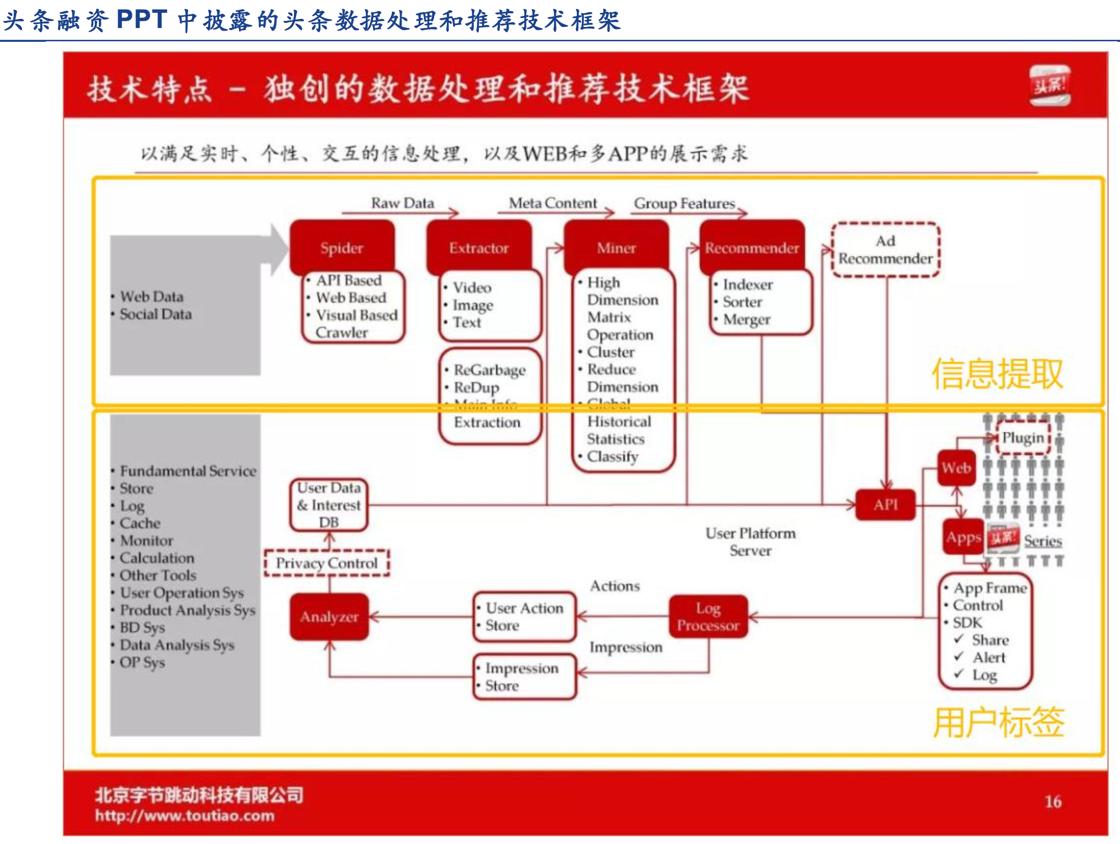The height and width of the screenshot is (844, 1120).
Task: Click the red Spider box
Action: pyautogui.click(x=342, y=248)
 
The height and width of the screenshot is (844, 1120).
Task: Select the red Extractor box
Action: pyautogui.click(x=479, y=248)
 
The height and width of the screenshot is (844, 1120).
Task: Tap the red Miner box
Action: pyautogui.click(x=617, y=248)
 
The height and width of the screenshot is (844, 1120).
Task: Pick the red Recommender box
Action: pyautogui.click(x=752, y=248)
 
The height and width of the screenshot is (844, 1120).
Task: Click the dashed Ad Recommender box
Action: pyautogui.click(x=886, y=250)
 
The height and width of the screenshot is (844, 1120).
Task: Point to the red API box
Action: pyautogui.click(x=886, y=505)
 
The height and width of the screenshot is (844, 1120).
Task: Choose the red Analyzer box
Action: pyautogui.click(x=329, y=617)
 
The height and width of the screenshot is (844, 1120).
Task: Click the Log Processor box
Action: pyautogui.click(x=708, y=617)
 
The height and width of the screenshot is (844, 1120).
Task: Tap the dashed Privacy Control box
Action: pyautogui.click(x=327, y=563)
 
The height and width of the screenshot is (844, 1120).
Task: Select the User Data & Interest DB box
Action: pyautogui.click(x=329, y=505)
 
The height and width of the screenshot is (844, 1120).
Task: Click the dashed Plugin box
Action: pyautogui.click(x=1023, y=437)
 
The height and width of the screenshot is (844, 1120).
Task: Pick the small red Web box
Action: pyautogui.click(x=956, y=468)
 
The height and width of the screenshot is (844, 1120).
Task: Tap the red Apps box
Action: pyautogui.click(x=963, y=537)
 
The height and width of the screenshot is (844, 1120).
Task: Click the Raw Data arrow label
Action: pyautogui.click(x=403, y=203)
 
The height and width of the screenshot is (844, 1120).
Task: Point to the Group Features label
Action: pyautogui.click(x=684, y=203)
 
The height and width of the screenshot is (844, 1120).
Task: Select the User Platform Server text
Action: pyautogui.click(x=751, y=542)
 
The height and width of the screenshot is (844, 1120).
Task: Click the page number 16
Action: pyautogui.click(x=1053, y=801)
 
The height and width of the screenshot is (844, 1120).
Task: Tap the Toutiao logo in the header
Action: pyautogui.click(x=1050, y=86)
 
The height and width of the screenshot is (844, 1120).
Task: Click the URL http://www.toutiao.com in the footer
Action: pyautogui.click(x=184, y=815)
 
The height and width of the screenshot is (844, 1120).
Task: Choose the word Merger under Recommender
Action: pyautogui.click(x=746, y=320)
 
